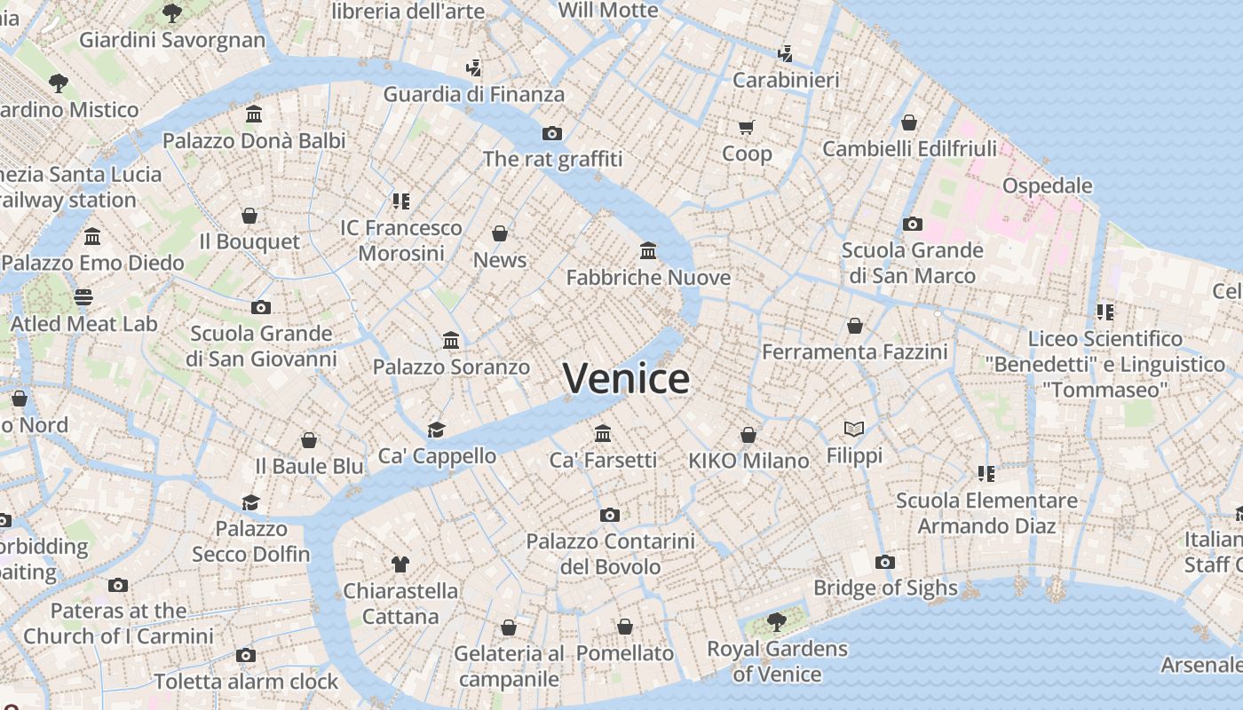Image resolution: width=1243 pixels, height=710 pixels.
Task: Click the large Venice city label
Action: tap(626, 379)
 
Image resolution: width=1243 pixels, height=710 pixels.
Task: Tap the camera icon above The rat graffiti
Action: tap(552, 133)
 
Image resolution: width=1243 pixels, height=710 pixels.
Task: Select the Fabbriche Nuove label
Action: tap(648, 278)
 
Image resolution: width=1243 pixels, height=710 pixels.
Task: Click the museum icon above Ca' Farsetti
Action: tap(604, 433)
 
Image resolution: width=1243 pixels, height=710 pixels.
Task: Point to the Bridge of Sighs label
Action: tap(885, 588)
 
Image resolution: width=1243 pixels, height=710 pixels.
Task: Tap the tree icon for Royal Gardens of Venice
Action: tap(777, 621)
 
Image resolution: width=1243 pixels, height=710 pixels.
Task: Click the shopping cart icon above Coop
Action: tap(747, 127)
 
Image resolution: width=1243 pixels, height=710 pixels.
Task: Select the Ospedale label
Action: tap(1047, 185)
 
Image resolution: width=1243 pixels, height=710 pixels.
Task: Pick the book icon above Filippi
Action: tap(854, 429)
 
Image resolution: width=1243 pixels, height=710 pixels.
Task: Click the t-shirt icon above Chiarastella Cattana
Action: tap(400, 564)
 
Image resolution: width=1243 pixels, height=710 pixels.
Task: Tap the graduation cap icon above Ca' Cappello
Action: tap(436, 430)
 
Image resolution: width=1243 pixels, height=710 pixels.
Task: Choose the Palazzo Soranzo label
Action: tap(451, 367)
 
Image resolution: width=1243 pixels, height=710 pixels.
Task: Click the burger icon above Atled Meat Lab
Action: tap(83, 296)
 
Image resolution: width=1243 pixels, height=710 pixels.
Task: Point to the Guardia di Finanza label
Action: tap(473, 94)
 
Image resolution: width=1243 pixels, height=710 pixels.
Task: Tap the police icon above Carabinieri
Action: tap(785, 53)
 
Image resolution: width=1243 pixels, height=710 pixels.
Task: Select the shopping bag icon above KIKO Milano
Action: tap(748, 435)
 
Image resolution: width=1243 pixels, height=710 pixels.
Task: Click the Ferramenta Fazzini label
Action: tap(854, 351)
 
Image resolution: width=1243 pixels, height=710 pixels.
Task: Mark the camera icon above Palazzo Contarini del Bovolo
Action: tap(609, 515)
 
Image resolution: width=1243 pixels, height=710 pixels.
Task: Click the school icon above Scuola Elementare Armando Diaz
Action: tap(986, 473)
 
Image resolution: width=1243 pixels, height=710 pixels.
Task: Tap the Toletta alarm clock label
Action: tap(246, 682)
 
